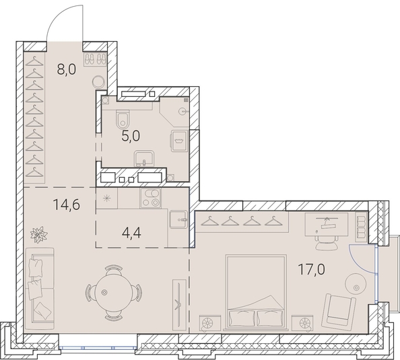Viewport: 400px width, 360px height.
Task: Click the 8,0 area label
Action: point(67,69)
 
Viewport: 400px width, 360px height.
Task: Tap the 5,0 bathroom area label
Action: point(131,136)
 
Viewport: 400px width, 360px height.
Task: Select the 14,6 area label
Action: point(66,205)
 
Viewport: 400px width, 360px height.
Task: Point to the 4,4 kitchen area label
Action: point(131,233)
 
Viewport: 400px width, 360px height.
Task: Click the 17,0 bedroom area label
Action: point(312,269)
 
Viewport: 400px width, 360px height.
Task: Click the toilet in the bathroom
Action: point(123,119)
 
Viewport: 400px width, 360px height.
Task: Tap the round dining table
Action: point(114,293)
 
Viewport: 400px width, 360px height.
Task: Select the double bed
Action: point(256,293)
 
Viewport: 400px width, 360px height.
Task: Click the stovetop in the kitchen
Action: point(151,198)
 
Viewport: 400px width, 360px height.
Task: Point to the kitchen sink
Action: point(178,219)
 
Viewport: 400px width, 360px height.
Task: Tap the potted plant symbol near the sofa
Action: point(39,235)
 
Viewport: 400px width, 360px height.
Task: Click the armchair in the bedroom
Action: point(339,312)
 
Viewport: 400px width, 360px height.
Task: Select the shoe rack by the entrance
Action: point(95,59)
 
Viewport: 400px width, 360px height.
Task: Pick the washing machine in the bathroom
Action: point(179,141)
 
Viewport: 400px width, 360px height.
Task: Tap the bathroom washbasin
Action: point(144,159)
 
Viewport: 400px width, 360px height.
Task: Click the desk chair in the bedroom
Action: point(327,243)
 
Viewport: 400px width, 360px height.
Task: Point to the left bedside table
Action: point(210,323)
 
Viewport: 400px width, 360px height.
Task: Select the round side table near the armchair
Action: point(356,284)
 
